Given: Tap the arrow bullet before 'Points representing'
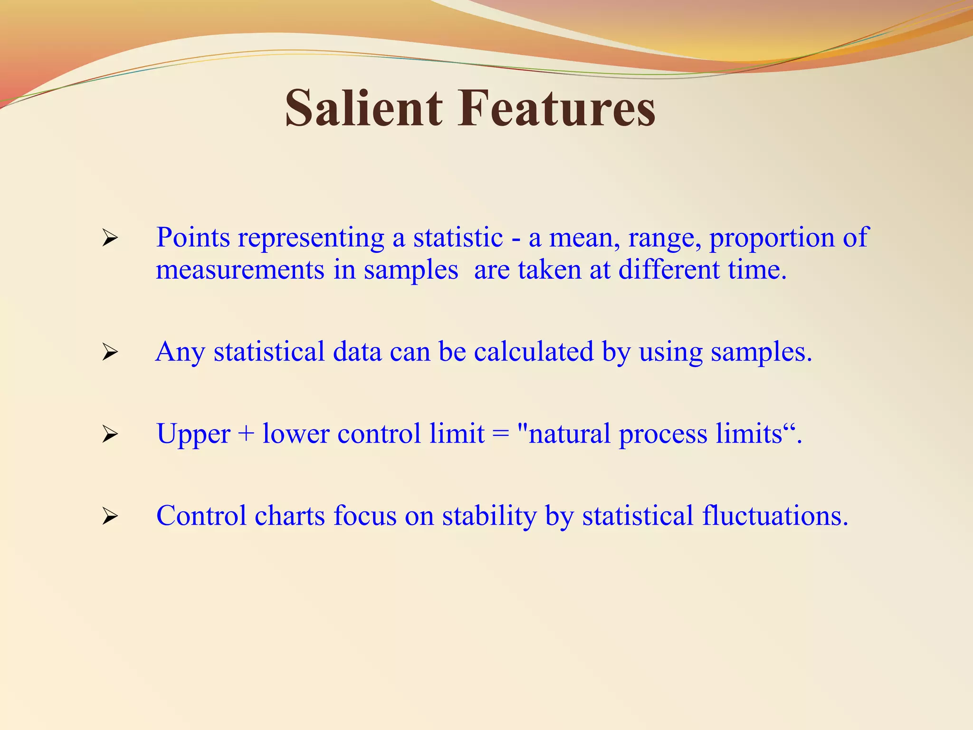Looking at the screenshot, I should coord(110,238).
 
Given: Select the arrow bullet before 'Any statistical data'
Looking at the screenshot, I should coord(110,352).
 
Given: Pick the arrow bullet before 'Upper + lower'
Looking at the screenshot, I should coord(110,434).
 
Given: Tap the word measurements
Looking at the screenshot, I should coord(240,270).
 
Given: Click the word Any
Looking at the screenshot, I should coord(180,352).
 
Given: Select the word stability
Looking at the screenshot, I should coord(489,516).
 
